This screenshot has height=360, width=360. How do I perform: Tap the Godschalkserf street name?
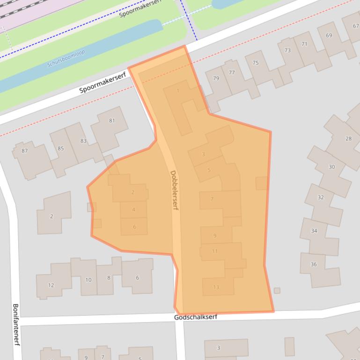tap(195, 317)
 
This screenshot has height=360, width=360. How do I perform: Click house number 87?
tap(24, 151)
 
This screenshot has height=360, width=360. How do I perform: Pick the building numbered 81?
tap(112, 121)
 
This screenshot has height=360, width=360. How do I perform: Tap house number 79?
tap(216, 78)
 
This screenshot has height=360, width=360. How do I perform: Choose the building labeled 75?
tap(255, 63)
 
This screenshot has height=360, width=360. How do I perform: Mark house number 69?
tap(329, 36)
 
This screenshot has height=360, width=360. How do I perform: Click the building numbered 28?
tap(348, 138)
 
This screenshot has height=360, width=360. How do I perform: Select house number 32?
tap(321, 197)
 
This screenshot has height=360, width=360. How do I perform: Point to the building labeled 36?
tap(314, 264)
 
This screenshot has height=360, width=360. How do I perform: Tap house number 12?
tap(51, 285)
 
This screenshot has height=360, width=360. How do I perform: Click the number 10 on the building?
tap(88, 280)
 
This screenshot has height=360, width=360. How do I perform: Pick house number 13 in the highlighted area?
tap(216, 287)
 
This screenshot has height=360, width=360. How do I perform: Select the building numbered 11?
tap(215, 251)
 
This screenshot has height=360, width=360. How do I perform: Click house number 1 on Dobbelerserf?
tap(178, 91)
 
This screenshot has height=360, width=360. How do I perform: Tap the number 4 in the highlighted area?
tap(133, 209)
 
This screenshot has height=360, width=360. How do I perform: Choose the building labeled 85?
tap(61, 149)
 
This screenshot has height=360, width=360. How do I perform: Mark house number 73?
tap(287, 50)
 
